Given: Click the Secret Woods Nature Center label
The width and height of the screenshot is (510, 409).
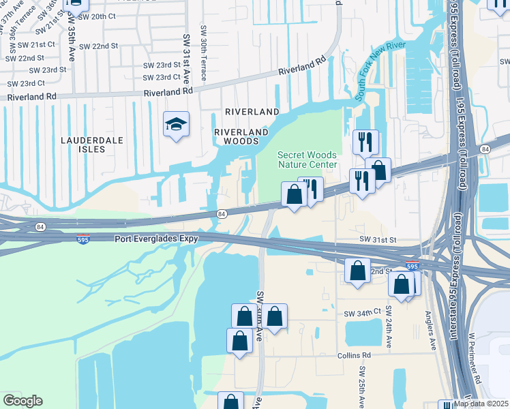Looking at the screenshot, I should (307, 160).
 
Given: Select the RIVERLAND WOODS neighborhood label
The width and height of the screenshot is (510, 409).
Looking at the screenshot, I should (237, 136).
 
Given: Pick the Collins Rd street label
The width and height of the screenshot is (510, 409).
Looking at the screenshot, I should (353, 356).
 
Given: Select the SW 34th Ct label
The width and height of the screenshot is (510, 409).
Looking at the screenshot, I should (362, 312).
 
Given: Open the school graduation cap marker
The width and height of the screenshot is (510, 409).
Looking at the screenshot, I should (176, 125).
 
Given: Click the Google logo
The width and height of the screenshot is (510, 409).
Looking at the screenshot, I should (22, 401).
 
